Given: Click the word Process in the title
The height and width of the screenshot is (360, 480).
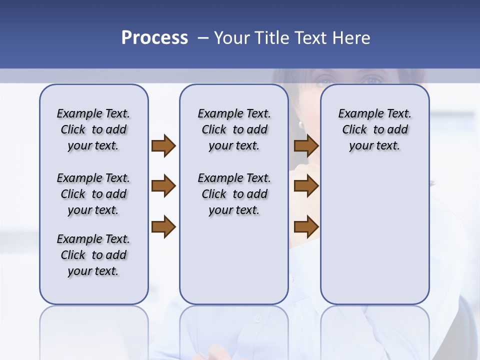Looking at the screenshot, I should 154,38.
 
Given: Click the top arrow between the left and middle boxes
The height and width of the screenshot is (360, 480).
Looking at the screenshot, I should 163,145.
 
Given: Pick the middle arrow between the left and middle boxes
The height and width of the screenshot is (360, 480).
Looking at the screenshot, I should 163,186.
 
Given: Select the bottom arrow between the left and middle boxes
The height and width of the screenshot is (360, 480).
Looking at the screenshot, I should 163,226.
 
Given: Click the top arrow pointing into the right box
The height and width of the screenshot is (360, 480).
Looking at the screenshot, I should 306,145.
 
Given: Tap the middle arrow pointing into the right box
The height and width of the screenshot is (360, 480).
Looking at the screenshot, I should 306,186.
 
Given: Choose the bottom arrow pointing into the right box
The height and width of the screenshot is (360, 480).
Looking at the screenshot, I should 306,226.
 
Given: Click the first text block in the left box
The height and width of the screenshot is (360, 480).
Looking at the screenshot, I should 93,129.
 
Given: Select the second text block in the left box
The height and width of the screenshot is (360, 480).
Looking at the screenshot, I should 93,194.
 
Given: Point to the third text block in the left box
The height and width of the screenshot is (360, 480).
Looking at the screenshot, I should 93,255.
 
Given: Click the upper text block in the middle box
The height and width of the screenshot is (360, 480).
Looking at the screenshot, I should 234,129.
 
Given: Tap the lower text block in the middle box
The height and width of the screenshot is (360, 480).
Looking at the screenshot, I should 234,194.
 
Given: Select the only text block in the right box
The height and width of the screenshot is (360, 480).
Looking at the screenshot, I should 374,129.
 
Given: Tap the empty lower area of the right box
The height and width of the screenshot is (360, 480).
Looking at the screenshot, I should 374,240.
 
